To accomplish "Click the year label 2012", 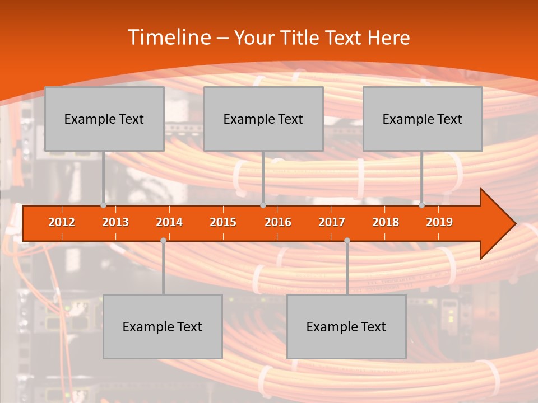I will tap(62, 222).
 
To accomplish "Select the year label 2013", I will tap(115, 222).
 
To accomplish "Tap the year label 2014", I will tap(169, 222).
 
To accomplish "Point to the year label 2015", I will tap(223, 222).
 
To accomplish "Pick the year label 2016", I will tap(278, 222).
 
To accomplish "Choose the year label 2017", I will tap(332, 222).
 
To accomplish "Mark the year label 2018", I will tap(386, 222).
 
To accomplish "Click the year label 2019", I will tap(439, 222).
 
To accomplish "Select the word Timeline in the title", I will tap(169, 38).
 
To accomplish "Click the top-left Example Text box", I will tap(104, 119).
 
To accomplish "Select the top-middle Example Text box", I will tap(263, 119).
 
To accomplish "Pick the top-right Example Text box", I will tap(423, 119).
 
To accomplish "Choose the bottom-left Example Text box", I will tap(163, 326).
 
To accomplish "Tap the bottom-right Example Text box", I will tap(346, 326).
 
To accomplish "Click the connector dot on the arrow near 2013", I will tap(104, 205).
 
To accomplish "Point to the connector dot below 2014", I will tap(163, 240).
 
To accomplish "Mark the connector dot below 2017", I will tap(347, 240).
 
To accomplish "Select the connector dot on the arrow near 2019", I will tap(422, 205).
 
